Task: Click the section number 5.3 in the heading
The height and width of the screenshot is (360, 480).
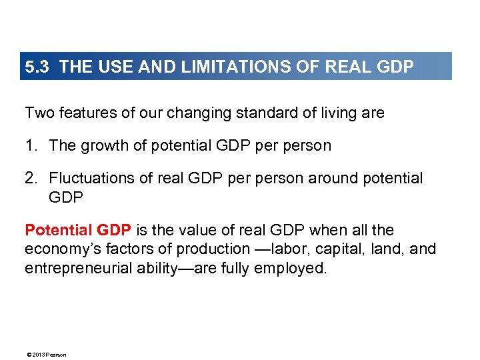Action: tap(37, 67)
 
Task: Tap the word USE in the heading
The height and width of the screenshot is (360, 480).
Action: tap(109, 67)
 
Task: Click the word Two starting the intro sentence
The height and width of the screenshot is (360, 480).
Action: tap(38, 113)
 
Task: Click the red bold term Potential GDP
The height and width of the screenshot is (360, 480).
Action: tap(77, 231)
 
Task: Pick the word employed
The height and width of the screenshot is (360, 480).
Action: tap(295, 268)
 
